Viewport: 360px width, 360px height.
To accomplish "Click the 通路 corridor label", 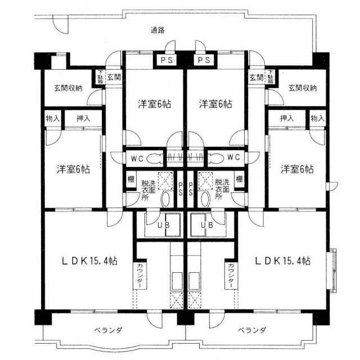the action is point(157,30).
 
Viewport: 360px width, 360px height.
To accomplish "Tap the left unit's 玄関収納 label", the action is point(68,88).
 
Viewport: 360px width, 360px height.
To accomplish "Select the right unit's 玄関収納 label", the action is point(303,88).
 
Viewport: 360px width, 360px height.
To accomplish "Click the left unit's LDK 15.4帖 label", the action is point(90,261).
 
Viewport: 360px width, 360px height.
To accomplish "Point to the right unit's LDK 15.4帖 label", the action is point(283,261).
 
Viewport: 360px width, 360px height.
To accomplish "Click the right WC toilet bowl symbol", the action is point(216,158).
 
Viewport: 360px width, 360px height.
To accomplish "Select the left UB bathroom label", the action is point(164,225).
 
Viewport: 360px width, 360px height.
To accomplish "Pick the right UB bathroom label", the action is point(207,225).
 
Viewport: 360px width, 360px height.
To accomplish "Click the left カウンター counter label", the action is point(139,276).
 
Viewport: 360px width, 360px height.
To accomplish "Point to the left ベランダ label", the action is point(108,330).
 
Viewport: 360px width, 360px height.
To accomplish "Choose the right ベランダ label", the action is point(252,330).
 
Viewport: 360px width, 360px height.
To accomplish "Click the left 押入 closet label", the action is point(83,119).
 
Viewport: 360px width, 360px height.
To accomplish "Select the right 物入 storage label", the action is point(317,119).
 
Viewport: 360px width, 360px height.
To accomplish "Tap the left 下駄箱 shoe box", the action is point(101,77).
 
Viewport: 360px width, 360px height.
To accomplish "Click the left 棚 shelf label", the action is point(131,179).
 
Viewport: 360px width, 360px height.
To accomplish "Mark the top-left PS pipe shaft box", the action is point(166,60).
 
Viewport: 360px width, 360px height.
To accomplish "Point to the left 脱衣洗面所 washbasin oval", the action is point(165,199).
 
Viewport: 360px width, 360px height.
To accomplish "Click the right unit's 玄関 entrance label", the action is point(256,78).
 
